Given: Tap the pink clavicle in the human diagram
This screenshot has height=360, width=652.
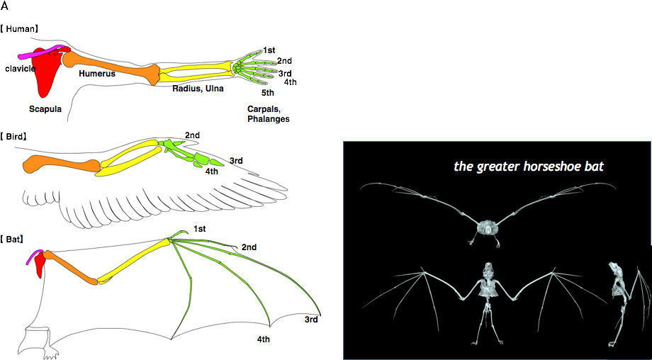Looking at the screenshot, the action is [42, 52].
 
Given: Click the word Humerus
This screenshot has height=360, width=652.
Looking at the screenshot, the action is [97, 74].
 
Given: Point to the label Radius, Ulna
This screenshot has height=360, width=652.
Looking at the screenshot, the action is [198, 88].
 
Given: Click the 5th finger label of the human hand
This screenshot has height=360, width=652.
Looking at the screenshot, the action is [268, 93].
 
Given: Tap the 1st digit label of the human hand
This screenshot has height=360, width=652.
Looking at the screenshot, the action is [269, 50].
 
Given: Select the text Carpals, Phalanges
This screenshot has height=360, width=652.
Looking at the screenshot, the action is [268, 114].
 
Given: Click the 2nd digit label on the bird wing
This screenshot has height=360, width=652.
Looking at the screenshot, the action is [192, 135].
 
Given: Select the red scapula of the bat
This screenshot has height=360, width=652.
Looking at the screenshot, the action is [40, 264].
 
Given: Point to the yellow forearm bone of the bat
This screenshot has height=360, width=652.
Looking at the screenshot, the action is [134, 261].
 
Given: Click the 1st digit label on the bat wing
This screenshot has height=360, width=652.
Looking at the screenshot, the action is [199, 229].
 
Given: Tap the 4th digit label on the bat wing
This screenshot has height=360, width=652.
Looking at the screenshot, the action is [263, 339].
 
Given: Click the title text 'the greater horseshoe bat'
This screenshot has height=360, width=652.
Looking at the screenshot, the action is [529, 167].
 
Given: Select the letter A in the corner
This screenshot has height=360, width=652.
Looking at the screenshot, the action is [4, 6].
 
